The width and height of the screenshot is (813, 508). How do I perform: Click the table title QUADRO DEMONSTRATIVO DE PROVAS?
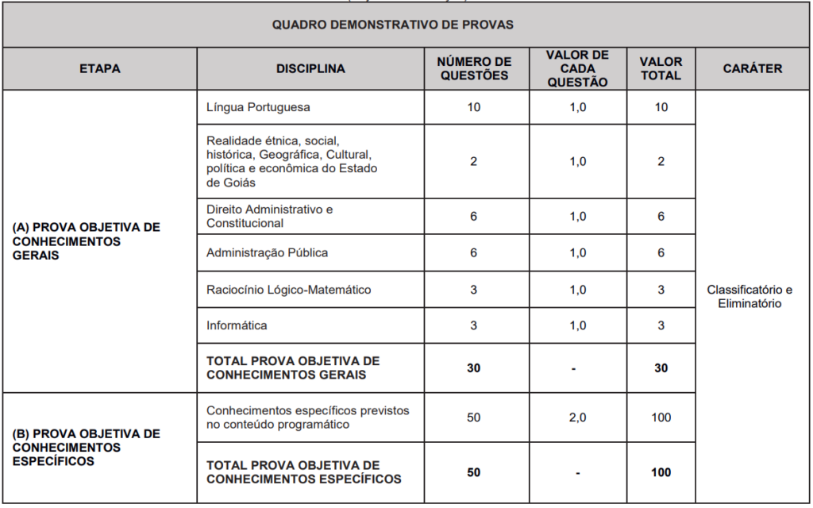[392, 25]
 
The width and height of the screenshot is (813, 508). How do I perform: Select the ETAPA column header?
[100, 69]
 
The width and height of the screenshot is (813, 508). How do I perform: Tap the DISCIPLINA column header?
[310, 69]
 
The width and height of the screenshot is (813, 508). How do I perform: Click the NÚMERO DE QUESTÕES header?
[474, 69]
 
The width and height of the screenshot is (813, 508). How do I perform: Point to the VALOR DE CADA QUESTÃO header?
[577, 68]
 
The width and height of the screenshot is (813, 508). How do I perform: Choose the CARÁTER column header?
[752, 69]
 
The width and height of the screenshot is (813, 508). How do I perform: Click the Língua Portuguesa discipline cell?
[258, 106]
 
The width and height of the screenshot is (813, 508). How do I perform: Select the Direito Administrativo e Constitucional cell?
[269, 216]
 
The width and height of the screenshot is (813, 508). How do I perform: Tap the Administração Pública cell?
[267, 252]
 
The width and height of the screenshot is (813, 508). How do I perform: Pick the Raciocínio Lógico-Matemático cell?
[288, 290]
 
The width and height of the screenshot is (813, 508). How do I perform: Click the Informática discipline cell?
[237, 325]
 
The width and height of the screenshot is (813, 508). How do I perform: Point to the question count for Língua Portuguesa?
[474, 107]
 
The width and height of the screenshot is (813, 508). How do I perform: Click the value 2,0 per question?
[577, 418]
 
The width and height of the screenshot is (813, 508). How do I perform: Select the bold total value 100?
[661, 472]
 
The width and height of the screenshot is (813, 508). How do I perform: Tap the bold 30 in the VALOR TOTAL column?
[661, 368]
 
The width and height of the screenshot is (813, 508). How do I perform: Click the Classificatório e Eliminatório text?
[749, 297]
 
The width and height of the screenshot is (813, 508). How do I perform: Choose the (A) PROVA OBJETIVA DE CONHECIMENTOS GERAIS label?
[86, 241]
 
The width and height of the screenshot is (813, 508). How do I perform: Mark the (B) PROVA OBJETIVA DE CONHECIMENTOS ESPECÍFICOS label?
[86, 447]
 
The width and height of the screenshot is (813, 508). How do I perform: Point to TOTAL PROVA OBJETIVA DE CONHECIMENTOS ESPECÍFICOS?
[303, 472]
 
